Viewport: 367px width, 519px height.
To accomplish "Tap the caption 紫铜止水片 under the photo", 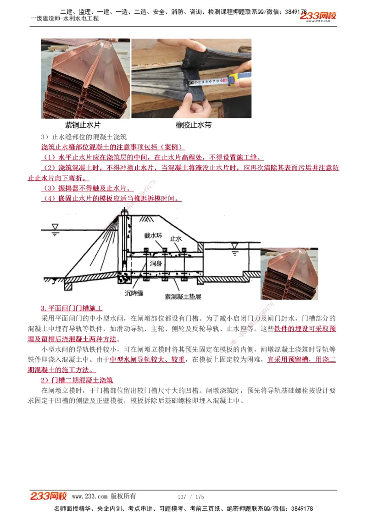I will click(83, 125).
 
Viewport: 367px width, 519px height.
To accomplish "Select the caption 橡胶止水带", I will click(193, 125).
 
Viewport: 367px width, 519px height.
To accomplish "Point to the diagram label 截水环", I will click(153, 236).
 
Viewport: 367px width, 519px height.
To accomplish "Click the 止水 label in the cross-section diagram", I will click(176, 239).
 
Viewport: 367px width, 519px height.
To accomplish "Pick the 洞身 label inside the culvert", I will click(156, 264).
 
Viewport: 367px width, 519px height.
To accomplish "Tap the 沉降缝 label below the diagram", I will click(134, 293).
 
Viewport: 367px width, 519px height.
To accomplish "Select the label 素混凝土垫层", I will click(183, 297).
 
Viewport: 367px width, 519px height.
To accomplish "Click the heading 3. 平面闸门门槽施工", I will click(72, 308).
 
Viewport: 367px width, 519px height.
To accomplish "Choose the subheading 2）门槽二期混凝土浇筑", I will click(77, 380).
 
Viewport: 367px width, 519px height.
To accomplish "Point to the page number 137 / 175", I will click(190, 497).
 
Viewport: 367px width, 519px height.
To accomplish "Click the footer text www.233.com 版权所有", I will click(104, 496).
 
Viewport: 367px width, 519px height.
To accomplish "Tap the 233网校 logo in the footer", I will click(49, 496).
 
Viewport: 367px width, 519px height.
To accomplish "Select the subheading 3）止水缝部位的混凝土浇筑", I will click(83, 137).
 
